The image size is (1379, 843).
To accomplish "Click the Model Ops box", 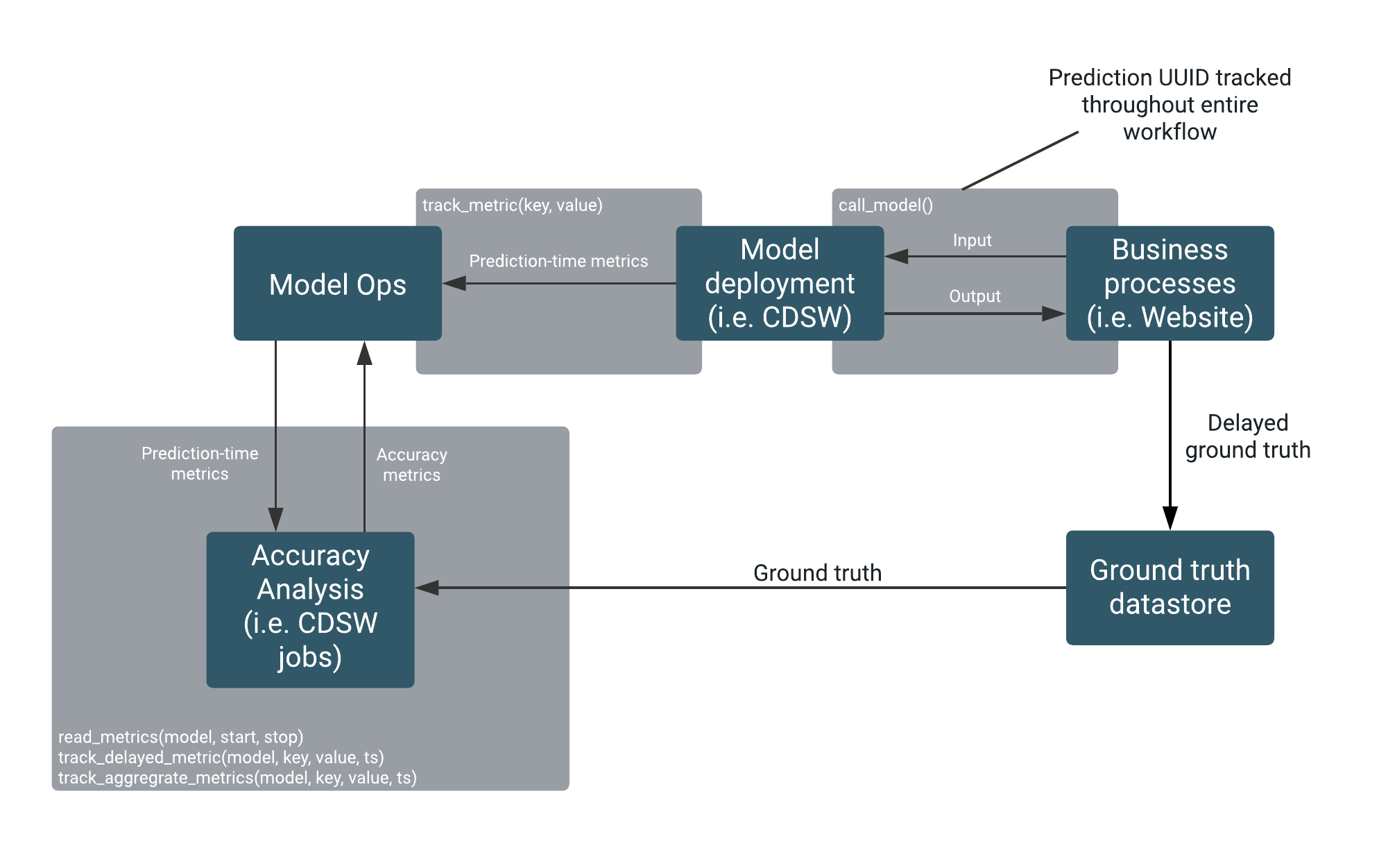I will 337,283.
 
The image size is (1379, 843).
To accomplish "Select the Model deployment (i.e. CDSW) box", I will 779,283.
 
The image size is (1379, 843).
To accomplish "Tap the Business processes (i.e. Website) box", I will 1169,283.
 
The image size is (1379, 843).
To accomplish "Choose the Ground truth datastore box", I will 1169,587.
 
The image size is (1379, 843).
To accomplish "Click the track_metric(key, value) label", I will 512,205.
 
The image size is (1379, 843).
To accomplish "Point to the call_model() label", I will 885,205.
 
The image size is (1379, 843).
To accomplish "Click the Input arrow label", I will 972,241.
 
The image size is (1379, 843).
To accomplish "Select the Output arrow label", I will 975,296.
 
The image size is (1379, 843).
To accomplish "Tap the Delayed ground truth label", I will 1247,436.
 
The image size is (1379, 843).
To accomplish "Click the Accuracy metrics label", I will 411,465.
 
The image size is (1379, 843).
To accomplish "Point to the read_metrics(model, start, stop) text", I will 180,737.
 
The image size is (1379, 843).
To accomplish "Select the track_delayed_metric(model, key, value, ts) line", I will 221,757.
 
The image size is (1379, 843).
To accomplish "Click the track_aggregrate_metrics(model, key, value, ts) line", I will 237,778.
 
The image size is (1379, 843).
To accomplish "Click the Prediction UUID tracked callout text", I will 1170,105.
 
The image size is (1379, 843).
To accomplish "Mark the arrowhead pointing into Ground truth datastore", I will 1170,518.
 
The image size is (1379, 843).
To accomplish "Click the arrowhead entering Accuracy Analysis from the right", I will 427,588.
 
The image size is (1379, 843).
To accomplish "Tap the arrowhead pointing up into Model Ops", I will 364,353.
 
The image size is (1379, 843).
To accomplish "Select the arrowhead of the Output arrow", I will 1053,314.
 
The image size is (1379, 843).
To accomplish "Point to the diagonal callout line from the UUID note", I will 1020,160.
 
